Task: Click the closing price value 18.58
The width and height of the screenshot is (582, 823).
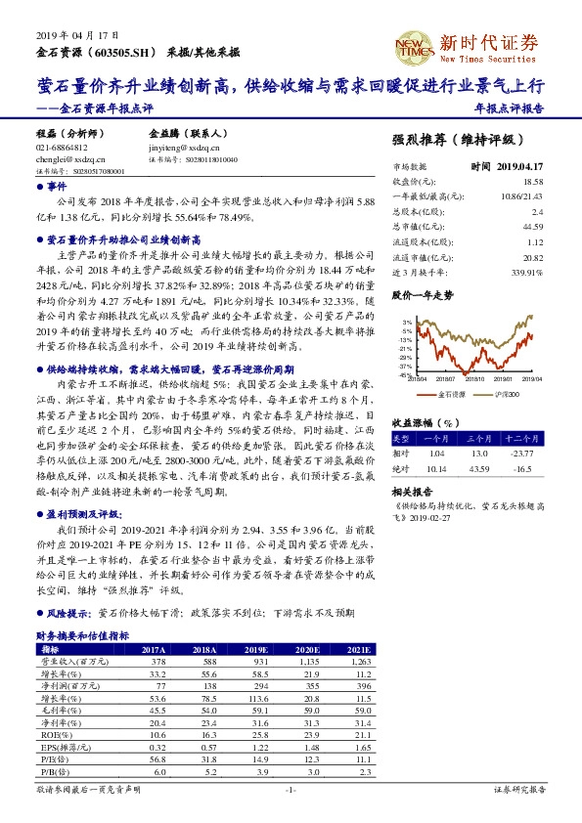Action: coord(532,182)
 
